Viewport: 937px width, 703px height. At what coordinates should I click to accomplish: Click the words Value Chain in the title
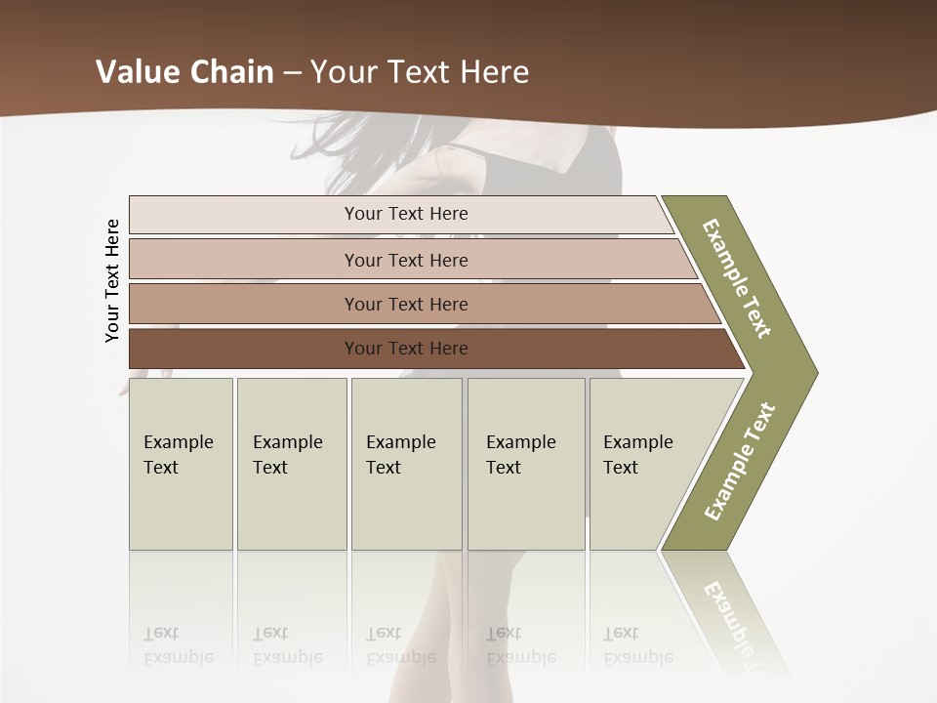point(184,72)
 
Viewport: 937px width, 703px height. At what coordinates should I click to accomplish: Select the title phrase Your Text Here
point(420,72)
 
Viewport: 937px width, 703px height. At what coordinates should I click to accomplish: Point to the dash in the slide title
point(292,73)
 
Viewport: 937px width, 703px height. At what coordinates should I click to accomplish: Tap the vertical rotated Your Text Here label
point(112,281)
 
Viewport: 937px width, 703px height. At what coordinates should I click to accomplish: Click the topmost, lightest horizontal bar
point(405,214)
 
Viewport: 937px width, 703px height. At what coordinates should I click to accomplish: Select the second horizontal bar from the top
point(405,260)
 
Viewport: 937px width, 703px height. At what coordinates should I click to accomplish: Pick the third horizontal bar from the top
point(405,304)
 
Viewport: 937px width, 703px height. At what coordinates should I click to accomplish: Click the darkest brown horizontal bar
point(405,349)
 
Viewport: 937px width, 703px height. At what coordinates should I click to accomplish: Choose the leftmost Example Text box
point(181,463)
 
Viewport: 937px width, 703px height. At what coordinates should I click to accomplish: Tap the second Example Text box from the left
point(291,463)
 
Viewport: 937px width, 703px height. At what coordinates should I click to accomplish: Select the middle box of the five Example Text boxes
point(406,463)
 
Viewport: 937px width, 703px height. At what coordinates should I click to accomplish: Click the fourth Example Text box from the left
point(525,463)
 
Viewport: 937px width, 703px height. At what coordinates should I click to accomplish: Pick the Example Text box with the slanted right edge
point(644,463)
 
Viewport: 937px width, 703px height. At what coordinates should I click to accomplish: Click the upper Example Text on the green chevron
point(737,278)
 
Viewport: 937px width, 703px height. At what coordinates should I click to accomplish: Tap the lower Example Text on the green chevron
point(740,461)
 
